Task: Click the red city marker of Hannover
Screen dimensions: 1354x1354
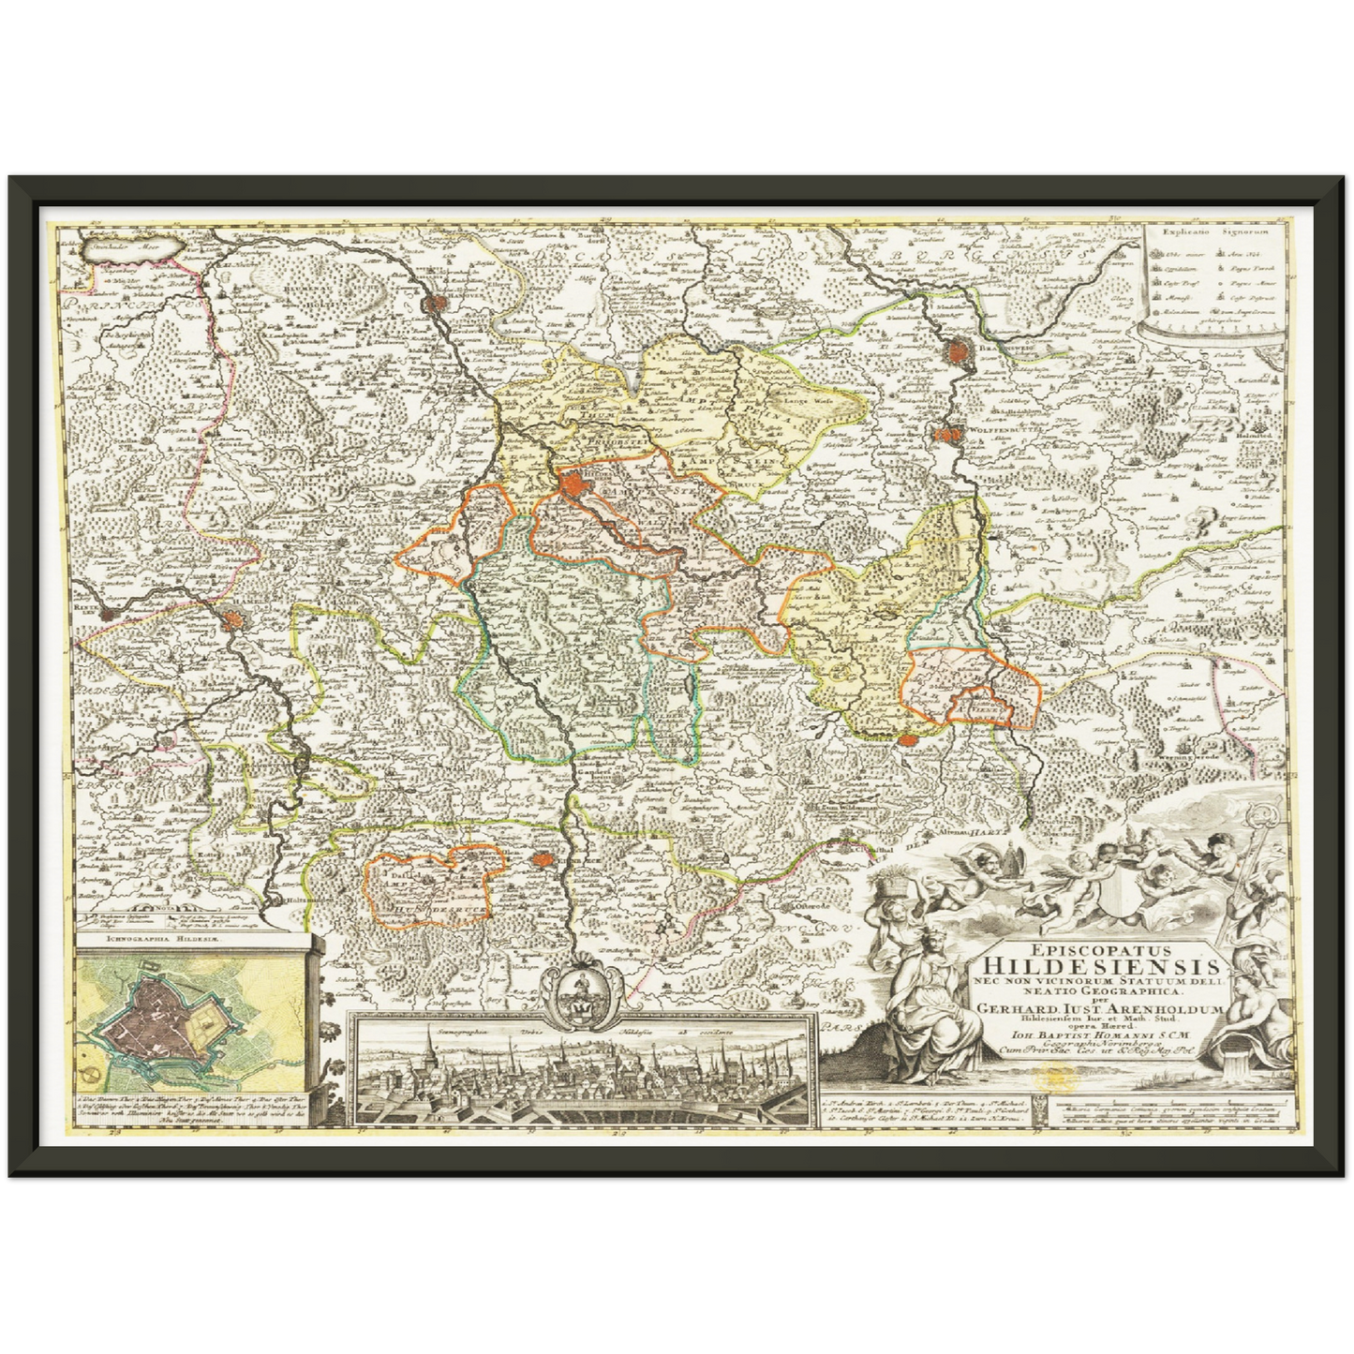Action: click(437, 303)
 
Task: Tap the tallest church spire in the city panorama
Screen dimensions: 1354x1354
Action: click(428, 1040)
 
